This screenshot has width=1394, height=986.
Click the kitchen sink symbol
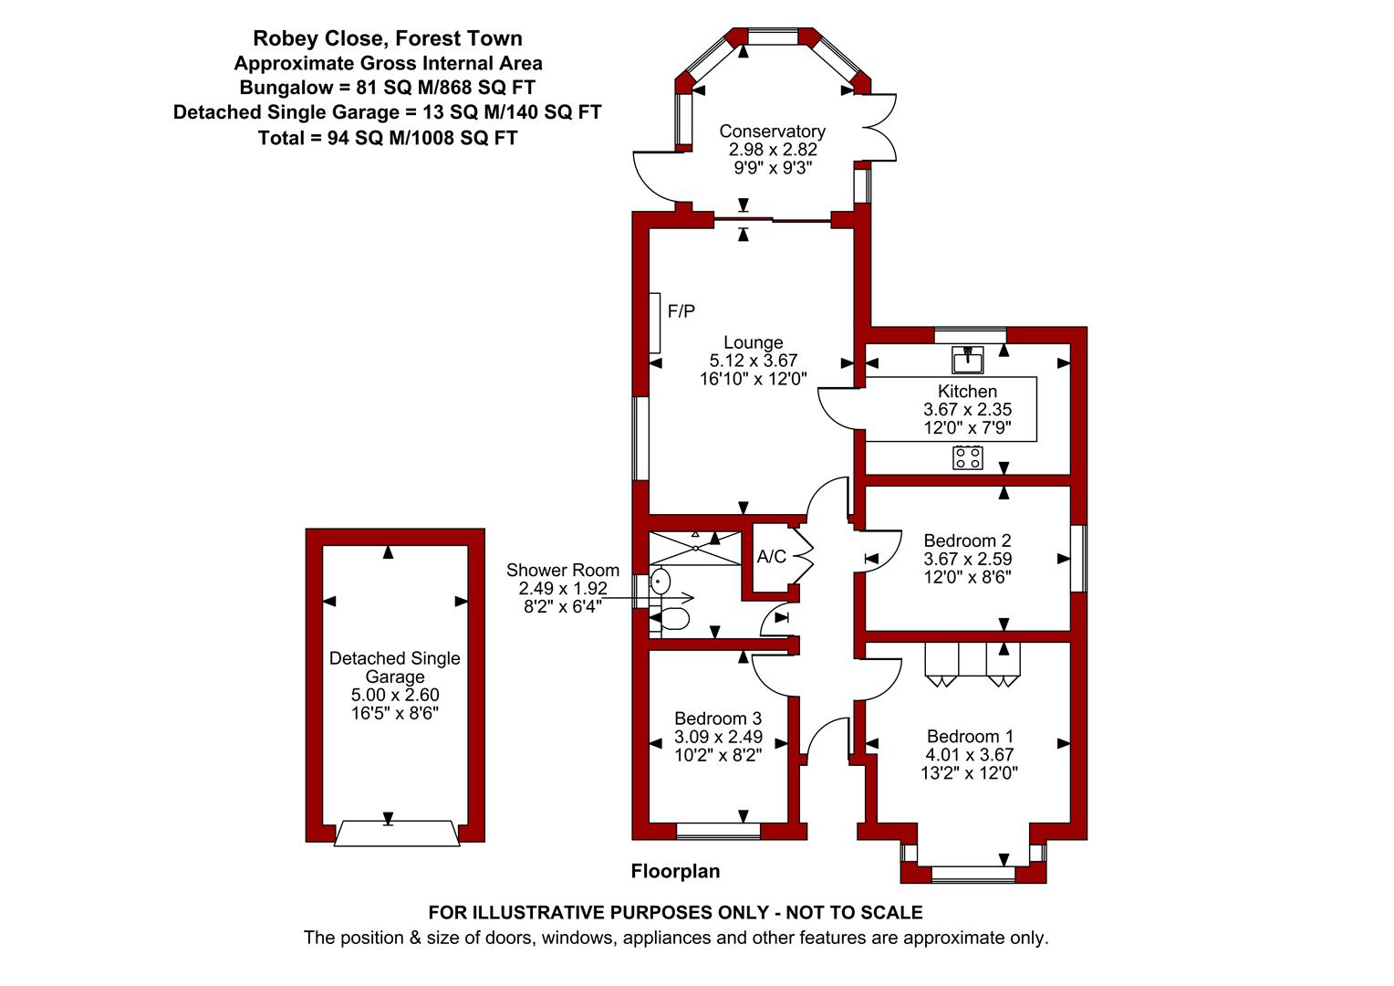[x=968, y=360]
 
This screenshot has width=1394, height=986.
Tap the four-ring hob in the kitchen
[x=968, y=457]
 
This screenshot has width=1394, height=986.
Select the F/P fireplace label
[x=681, y=310]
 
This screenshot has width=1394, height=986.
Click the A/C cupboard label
[x=772, y=556]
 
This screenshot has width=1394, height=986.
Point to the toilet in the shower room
[x=670, y=618]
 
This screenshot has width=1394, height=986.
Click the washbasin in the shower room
[x=661, y=582]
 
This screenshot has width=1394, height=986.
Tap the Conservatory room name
[x=773, y=131]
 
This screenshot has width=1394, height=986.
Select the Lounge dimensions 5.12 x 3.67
[x=754, y=360]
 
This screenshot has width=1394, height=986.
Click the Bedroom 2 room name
[x=967, y=540]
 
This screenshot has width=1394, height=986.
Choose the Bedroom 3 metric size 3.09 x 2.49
[x=719, y=737]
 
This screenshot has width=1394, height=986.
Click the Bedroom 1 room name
[x=970, y=736]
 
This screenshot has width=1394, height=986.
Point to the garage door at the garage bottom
[x=397, y=834]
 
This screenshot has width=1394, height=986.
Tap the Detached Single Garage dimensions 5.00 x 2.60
[x=395, y=695]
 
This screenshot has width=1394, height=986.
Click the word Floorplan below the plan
[x=676, y=871]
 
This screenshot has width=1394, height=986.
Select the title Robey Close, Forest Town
[x=388, y=38]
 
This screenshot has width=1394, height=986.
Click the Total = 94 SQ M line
[x=388, y=138]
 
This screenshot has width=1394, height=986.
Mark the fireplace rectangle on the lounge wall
[x=655, y=323]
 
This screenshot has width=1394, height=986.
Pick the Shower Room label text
[x=563, y=570]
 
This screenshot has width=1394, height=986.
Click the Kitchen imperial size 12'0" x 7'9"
[x=968, y=427]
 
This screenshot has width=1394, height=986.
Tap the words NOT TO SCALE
[x=855, y=912]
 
